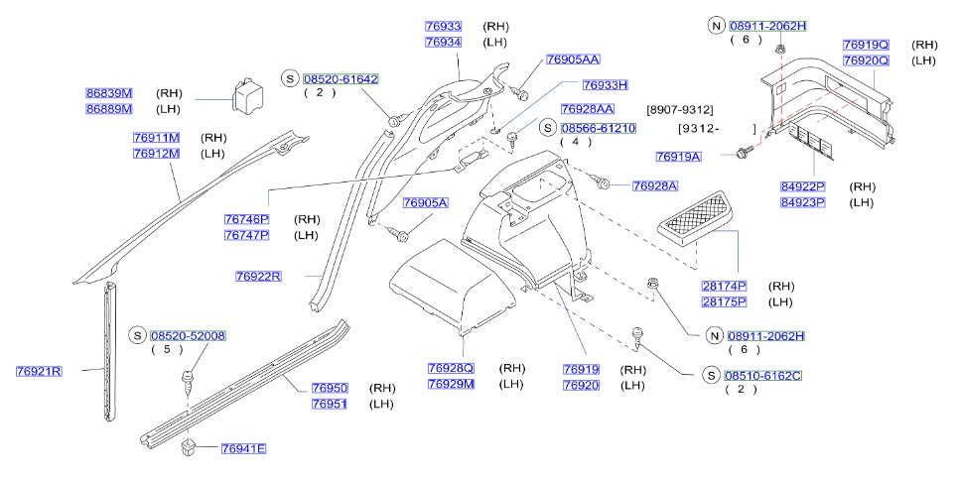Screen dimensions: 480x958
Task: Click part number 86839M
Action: [x=109, y=93]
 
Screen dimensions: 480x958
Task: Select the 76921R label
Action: [x=40, y=372]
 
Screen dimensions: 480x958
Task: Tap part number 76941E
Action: [x=243, y=449]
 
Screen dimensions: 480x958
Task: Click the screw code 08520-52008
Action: [x=189, y=336]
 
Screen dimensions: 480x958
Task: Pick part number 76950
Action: [x=330, y=388]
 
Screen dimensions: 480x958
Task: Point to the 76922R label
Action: [x=259, y=276]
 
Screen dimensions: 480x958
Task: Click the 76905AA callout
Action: [x=574, y=60]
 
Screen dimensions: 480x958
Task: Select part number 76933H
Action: [x=606, y=85]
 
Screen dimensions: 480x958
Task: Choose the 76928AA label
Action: [x=588, y=109]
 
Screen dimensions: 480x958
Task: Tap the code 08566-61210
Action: [x=599, y=129]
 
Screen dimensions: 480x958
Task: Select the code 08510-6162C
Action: [x=763, y=376]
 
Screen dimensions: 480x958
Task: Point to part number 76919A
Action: [x=678, y=157]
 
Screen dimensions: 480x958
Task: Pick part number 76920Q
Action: [x=867, y=60]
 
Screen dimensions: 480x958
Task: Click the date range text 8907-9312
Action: [x=680, y=109]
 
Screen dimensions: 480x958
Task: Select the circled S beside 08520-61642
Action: [x=290, y=78]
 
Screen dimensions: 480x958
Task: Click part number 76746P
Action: [x=247, y=219]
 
